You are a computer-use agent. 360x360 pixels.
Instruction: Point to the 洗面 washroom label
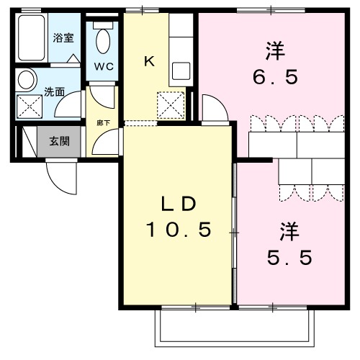click(54, 91)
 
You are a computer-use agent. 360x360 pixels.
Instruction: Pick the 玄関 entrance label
click(60, 140)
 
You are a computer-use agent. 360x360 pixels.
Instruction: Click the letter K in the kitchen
click(149, 61)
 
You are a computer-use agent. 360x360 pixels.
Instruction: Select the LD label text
click(178, 204)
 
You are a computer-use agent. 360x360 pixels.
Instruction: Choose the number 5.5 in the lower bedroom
click(286, 257)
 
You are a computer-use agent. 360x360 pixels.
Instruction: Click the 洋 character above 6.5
click(274, 51)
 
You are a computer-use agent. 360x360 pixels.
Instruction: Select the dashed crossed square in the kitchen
click(171, 107)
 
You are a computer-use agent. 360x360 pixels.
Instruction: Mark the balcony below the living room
click(234, 328)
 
